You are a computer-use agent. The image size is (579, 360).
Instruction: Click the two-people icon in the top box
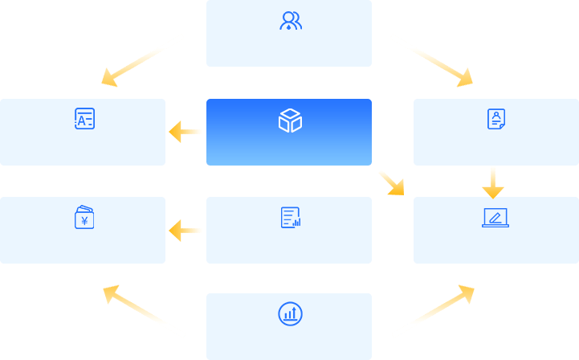tap(290, 21)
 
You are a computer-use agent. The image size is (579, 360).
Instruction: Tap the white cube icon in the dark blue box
tap(290, 121)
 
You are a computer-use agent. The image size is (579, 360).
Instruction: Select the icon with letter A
tap(84, 119)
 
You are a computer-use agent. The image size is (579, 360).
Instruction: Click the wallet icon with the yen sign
tap(84, 217)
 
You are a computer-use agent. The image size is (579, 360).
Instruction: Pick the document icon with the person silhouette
tap(496, 119)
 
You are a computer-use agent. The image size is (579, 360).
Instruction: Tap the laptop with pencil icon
tap(495, 218)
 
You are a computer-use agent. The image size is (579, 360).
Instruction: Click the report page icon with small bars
tap(290, 217)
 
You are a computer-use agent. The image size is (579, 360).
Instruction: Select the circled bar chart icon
tap(290, 313)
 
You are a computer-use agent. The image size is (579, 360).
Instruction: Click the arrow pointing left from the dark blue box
tap(186, 132)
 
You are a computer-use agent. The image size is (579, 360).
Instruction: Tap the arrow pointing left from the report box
tap(186, 231)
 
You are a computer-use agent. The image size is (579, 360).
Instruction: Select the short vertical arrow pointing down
tap(492, 183)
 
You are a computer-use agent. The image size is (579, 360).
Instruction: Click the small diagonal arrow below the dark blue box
tap(392, 183)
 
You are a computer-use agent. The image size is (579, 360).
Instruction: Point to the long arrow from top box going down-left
tap(142, 60)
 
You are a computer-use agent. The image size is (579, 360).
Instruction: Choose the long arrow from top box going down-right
tap(432, 60)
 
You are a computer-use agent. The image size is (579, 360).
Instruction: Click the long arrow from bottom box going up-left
tap(144, 310)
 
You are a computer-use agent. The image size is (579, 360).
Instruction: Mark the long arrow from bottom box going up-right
tap(434, 310)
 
